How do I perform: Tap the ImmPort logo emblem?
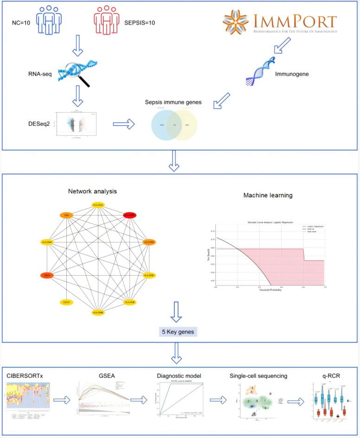[x=236, y=21]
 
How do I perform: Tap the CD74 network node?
[x=46, y=275]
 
